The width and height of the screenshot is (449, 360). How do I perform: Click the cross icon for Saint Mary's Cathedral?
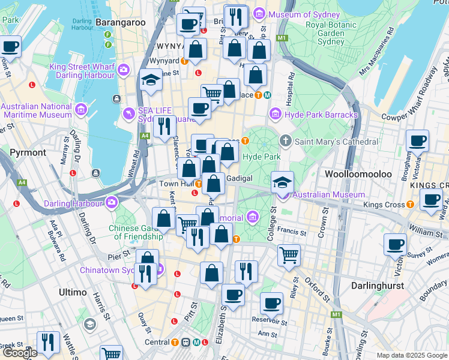click(x=285, y=142)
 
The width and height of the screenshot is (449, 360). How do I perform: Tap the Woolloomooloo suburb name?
click(x=358, y=174)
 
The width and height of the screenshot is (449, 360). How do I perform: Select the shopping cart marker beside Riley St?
click(x=289, y=254)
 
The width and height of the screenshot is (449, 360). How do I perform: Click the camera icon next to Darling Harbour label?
click(x=110, y=202)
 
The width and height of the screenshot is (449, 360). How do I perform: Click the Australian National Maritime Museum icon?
click(x=80, y=110)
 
